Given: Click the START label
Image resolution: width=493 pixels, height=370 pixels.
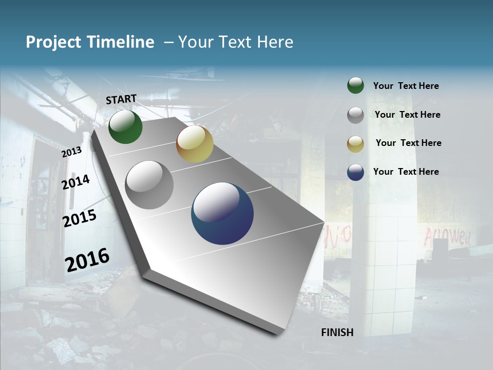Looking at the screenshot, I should click(121, 99).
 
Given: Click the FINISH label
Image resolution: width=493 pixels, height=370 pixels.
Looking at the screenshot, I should click(337, 332).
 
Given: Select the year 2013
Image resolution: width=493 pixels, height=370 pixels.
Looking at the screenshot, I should click(71, 152).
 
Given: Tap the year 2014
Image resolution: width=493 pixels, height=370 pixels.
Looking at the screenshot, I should click(75, 182).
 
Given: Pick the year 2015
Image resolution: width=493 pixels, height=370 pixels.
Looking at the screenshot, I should click(80, 218).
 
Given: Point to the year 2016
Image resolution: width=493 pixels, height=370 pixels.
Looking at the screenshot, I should click(87, 260).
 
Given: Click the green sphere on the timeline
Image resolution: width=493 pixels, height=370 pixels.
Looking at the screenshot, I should click(125, 127).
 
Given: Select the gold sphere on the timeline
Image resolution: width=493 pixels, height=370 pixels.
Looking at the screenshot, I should click(195, 144).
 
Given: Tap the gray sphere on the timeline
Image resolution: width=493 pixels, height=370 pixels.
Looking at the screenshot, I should click(149, 185).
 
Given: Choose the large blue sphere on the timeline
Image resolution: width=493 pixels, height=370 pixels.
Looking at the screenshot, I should click(222, 213).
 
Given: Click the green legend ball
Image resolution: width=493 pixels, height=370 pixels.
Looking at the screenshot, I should click(355, 86).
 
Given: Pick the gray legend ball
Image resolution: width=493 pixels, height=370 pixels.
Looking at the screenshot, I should click(355, 115).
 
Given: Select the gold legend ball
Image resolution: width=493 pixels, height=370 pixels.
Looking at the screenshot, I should click(355, 143).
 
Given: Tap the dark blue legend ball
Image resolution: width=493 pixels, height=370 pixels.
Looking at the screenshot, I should click(355, 172).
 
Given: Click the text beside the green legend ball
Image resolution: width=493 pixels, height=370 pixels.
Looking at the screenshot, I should click(406, 86).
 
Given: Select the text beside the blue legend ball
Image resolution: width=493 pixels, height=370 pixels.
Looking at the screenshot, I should click(406, 172).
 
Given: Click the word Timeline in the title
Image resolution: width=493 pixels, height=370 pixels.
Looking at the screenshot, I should click(121, 42).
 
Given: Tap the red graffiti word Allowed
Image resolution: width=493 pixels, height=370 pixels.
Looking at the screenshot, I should click(447, 237).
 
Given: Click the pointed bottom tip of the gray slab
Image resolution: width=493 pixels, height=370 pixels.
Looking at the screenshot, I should click(277, 333).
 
